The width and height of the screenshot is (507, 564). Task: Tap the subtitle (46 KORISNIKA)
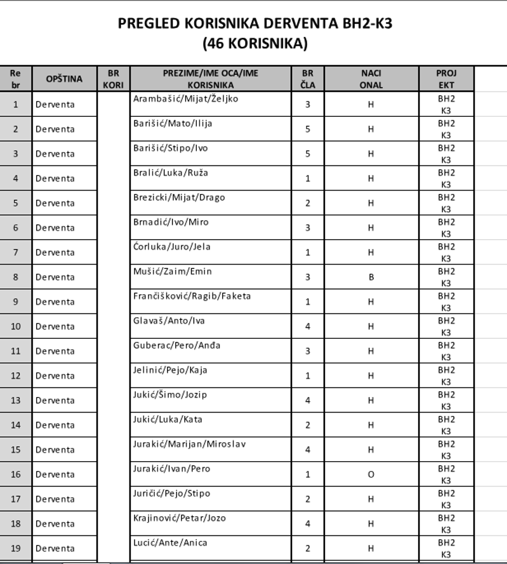(x=255, y=44)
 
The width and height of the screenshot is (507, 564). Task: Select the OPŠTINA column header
(x=64, y=79)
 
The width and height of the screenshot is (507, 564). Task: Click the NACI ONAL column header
(x=371, y=79)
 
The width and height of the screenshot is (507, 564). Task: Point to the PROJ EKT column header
(x=446, y=79)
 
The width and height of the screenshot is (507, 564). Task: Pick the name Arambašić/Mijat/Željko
(x=186, y=99)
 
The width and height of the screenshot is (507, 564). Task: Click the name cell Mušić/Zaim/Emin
(x=173, y=271)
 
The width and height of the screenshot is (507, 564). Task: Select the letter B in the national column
(x=371, y=277)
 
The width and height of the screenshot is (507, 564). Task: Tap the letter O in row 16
(x=371, y=475)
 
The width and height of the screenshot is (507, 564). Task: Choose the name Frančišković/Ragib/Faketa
(x=192, y=296)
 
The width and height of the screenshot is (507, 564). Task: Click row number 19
(x=16, y=548)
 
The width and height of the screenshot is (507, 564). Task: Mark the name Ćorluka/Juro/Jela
(x=172, y=247)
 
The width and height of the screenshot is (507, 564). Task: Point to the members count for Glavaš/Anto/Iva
(x=308, y=326)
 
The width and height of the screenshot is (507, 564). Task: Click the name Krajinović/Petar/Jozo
(x=180, y=518)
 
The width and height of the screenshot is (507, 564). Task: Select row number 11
(x=16, y=351)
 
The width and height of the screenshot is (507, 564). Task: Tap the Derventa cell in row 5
(x=55, y=203)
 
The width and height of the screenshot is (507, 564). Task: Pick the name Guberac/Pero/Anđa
(x=177, y=345)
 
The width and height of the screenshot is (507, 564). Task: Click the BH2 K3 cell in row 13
(x=446, y=400)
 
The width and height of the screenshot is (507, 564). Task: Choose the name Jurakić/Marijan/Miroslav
(x=189, y=444)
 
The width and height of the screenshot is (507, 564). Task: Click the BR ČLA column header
(x=308, y=79)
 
